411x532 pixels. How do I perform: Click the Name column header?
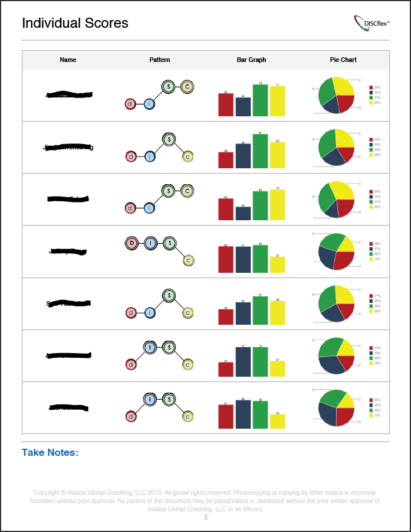click(68, 60)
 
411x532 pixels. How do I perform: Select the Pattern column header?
click(159, 60)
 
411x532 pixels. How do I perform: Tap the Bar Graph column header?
click(251, 60)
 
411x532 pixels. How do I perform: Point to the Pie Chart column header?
click(343, 60)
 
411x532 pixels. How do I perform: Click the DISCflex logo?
click(372, 23)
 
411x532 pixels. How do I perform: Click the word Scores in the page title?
click(106, 23)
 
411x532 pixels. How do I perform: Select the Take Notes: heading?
click(50, 452)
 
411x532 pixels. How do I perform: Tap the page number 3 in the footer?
click(206, 517)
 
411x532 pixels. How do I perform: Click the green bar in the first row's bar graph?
click(260, 100)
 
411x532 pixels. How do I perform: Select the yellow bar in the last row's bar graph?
click(277, 421)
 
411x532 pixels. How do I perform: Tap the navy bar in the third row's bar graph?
click(243, 213)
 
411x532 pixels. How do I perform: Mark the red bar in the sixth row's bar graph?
click(226, 369)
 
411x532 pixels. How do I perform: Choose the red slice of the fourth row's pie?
click(343, 259)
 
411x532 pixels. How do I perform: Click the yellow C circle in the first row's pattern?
click(187, 87)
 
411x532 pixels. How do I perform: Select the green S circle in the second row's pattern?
click(169, 139)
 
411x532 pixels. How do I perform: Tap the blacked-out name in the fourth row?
click(68, 252)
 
